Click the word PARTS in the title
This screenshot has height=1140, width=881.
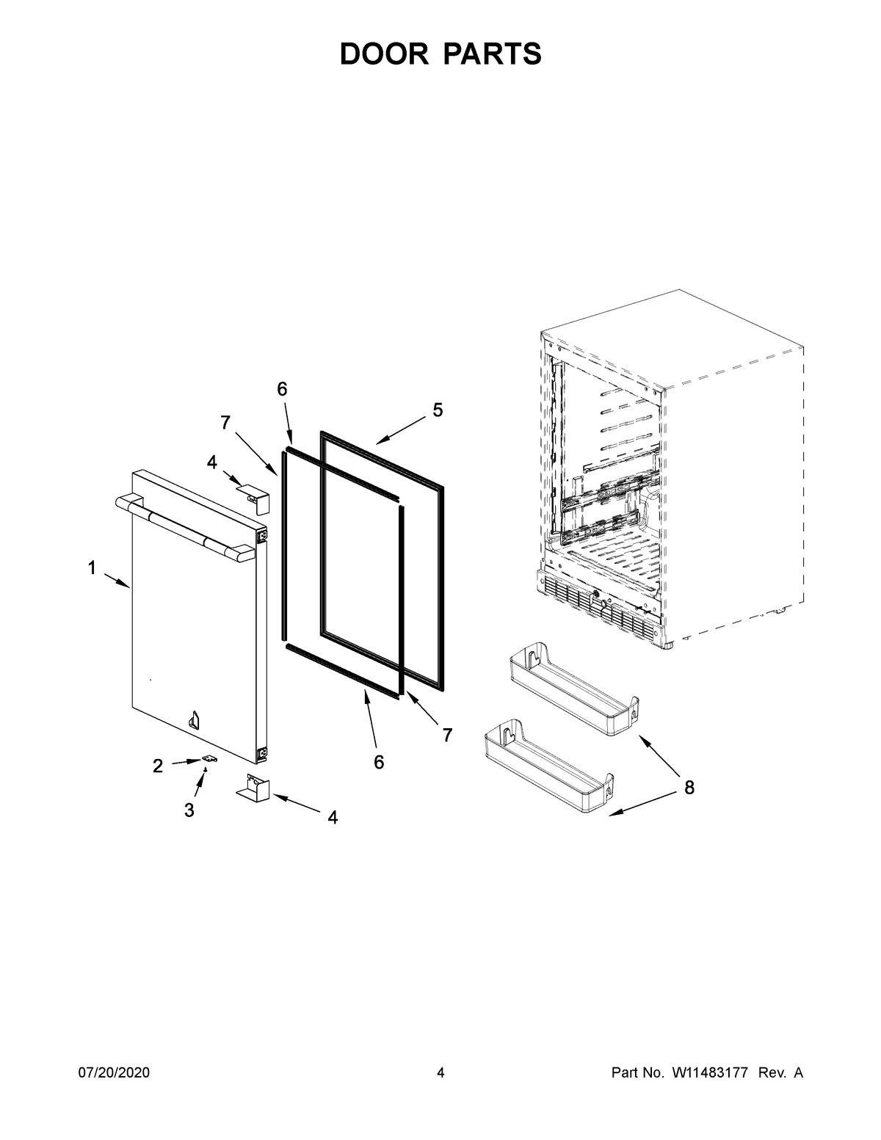[x=493, y=54]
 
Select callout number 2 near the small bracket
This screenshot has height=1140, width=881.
[x=158, y=766]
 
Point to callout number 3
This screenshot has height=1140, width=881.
[x=189, y=810]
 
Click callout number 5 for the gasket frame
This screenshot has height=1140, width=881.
[x=438, y=410]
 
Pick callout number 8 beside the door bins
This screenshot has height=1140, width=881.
[x=689, y=788]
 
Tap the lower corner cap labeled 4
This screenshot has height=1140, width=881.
[x=254, y=785]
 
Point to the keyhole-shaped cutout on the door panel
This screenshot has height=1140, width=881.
[x=195, y=719]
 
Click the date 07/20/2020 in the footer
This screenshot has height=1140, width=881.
[x=114, y=1073]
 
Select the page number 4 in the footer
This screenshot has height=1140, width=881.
[x=440, y=1073]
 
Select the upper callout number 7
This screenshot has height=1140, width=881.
[x=225, y=422]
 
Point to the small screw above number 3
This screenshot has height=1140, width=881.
[x=206, y=768]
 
